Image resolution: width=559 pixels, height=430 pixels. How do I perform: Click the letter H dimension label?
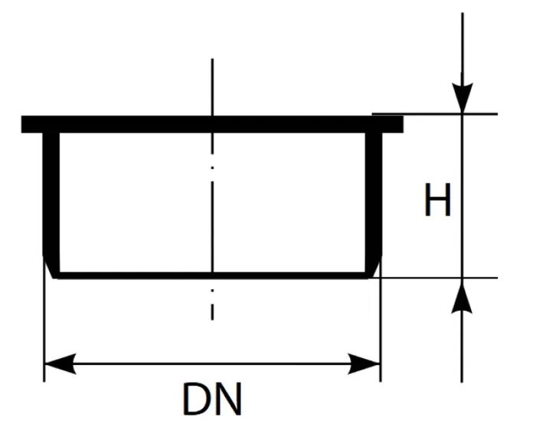[438, 200]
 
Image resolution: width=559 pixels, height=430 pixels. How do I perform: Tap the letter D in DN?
[197, 399]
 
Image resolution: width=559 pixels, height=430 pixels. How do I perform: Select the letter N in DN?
[228, 399]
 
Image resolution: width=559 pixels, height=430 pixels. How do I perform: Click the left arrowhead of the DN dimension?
[60, 363]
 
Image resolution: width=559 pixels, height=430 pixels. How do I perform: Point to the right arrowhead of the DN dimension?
[364, 363]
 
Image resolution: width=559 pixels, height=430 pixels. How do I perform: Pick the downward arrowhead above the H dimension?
[463, 98]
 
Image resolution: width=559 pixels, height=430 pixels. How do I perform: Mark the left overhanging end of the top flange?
[32, 125]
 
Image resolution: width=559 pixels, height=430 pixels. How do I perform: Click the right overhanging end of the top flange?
[393, 125]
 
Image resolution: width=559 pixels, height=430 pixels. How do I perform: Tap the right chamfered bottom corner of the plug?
[374, 266]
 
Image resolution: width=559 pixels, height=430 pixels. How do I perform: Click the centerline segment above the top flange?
[212, 87]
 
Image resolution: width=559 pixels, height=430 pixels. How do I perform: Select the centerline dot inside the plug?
[212, 168]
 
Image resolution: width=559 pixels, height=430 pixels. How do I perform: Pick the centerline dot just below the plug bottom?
[212, 291]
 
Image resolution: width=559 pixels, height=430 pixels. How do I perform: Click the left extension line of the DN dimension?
[44, 321]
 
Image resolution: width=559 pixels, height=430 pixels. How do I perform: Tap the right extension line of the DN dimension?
[381, 321]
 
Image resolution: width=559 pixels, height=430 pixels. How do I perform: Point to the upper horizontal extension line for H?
[435, 114]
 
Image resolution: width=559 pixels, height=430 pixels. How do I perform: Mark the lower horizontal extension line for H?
[435, 278]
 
